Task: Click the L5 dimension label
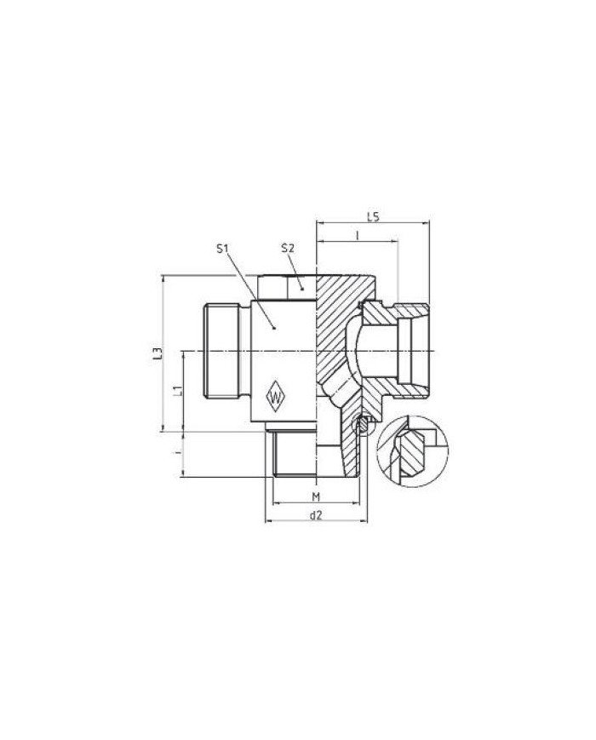click(x=373, y=216)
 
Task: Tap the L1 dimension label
click(x=177, y=390)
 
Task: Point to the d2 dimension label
click(x=315, y=515)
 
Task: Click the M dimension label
click(x=316, y=496)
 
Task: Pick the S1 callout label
click(x=222, y=249)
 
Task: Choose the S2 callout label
click(x=288, y=248)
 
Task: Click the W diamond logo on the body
click(x=275, y=396)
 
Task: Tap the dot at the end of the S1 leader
click(x=274, y=328)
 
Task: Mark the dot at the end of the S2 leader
click(x=302, y=289)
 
